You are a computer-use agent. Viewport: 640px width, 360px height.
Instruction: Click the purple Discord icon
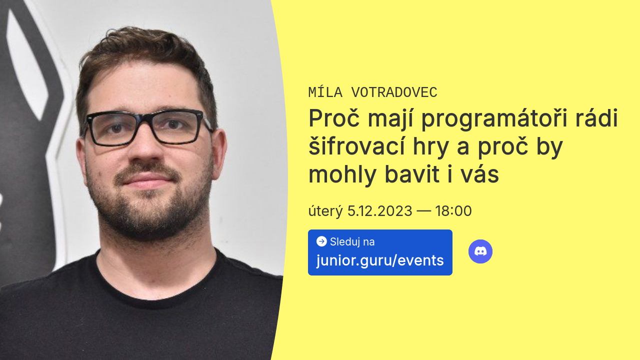[x=480, y=251]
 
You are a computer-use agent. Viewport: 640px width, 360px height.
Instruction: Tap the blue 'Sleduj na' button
[x=380, y=252]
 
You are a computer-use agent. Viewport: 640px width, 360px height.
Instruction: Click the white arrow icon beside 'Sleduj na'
[x=321, y=241]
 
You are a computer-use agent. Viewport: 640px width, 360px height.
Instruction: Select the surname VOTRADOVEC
[x=394, y=92]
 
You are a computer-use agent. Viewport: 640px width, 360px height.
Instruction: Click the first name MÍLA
[x=325, y=92]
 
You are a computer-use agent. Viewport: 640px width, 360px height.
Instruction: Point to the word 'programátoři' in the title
[x=494, y=118]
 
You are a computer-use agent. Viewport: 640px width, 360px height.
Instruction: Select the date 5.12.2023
[x=379, y=211]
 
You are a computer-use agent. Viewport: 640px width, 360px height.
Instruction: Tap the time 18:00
[x=453, y=211]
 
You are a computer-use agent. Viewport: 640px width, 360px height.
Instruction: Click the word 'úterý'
[x=325, y=211]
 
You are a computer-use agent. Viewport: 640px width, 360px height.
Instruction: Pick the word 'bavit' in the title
[x=412, y=174]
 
